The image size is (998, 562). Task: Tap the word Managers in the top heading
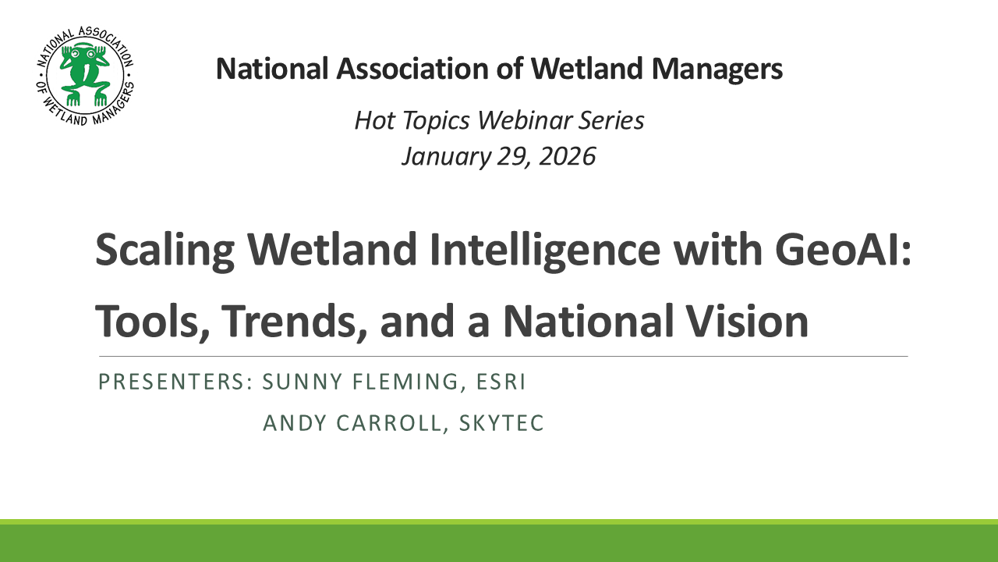pos(717,69)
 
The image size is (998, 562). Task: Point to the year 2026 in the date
pos(567,156)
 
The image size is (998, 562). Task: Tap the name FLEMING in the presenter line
pos(398,382)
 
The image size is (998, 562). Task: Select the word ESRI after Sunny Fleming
pos(497,382)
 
